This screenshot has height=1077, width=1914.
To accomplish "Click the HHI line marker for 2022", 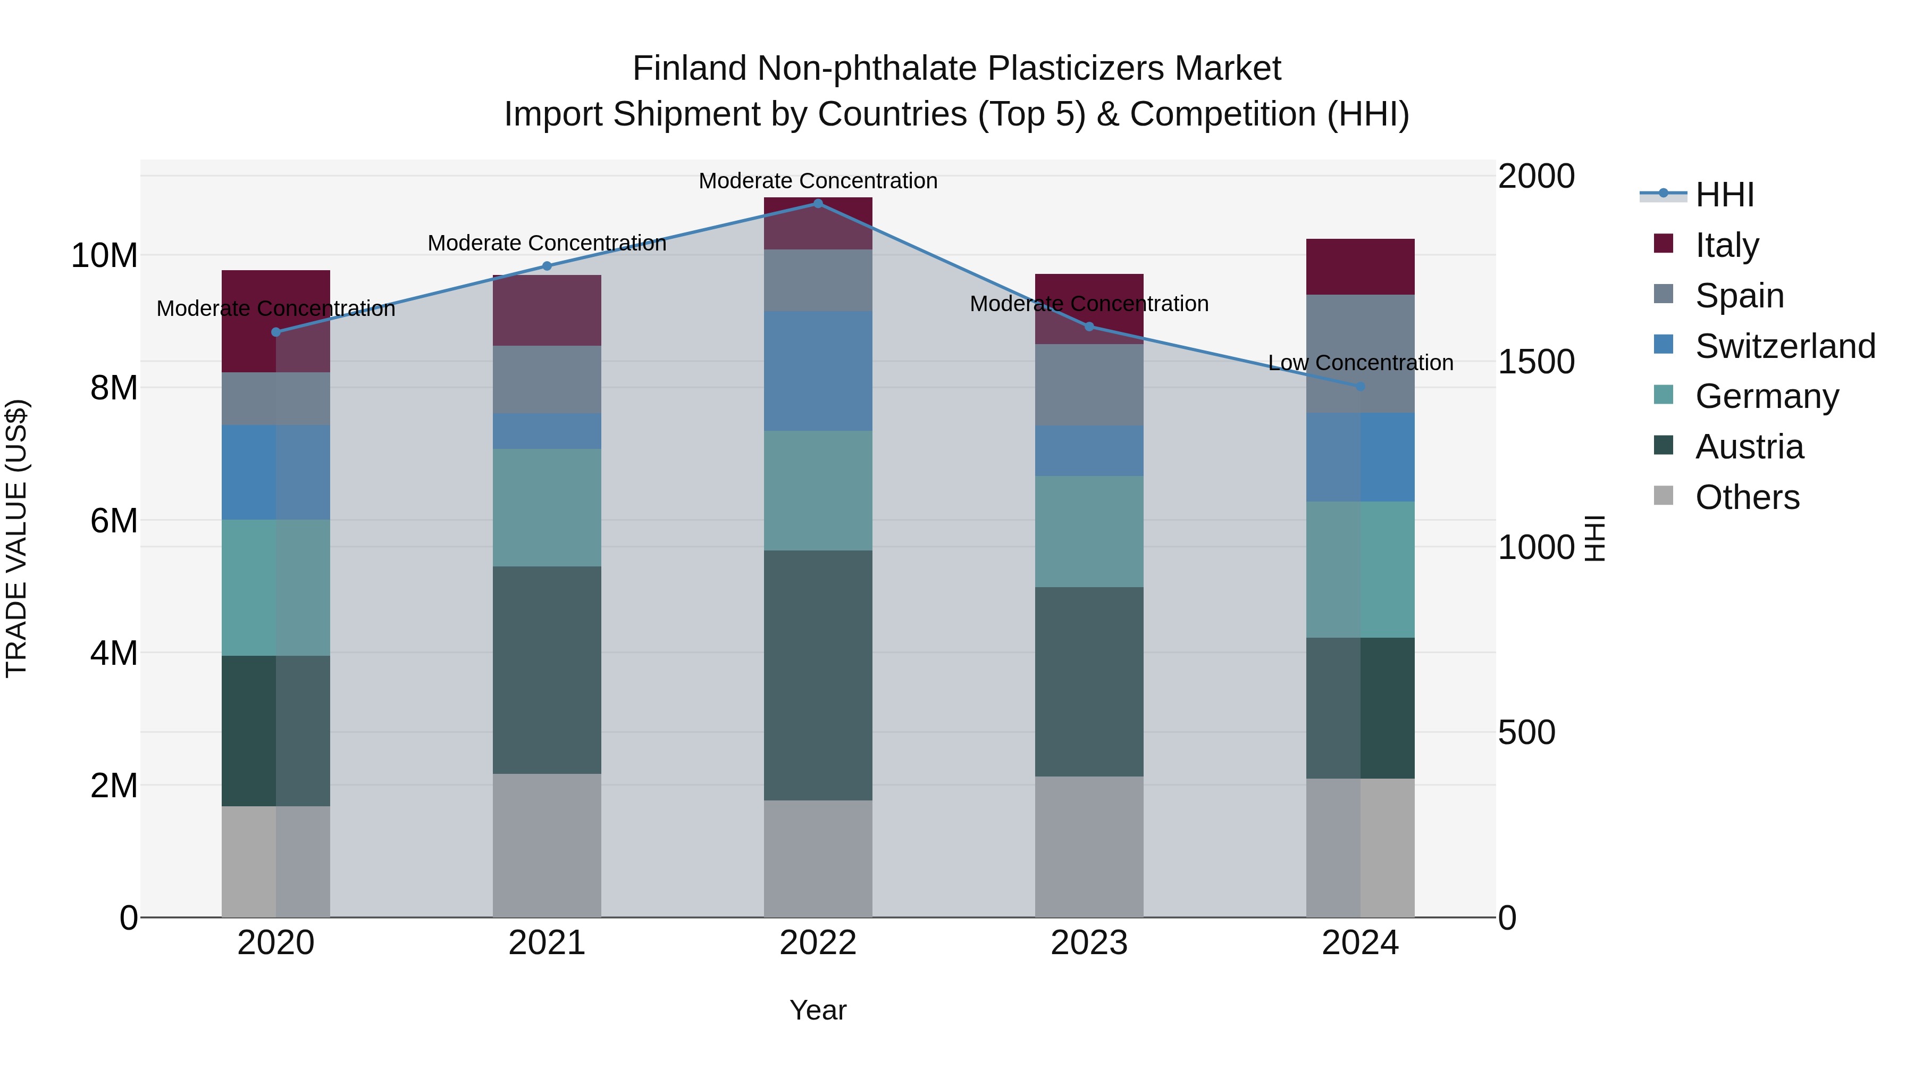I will pyautogui.click(x=818, y=203).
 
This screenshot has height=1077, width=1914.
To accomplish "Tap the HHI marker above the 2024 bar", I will pyautogui.click(x=1361, y=387).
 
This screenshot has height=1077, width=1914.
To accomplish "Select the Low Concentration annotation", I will pyautogui.click(x=1361, y=363).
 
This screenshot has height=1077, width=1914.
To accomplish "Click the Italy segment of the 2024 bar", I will pyautogui.click(x=1361, y=267).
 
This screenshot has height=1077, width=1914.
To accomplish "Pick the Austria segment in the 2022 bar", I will pyautogui.click(x=818, y=675).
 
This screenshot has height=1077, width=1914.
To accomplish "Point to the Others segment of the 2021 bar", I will pyautogui.click(x=547, y=845).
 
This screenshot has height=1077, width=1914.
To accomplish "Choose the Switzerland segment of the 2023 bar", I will pyautogui.click(x=1089, y=450).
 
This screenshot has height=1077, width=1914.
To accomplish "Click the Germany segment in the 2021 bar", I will pyautogui.click(x=547, y=508).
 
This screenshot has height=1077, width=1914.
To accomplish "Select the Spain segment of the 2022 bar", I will pyautogui.click(x=818, y=280).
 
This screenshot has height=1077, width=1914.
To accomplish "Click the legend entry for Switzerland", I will pyautogui.click(x=1785, y=346).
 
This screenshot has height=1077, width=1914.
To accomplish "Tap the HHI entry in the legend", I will pyautogui.click(x=1724, y=195).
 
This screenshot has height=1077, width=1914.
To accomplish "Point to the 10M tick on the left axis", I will pyautogui.click(x=104, y=256).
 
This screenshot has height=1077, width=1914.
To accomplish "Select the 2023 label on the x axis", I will pyautogui.click(x=1089, y=943).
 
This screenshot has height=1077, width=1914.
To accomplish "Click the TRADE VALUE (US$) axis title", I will pyautogui.click(x=16, y=538).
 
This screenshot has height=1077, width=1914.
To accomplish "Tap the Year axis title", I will pyautogui.click(x=818, y=1010).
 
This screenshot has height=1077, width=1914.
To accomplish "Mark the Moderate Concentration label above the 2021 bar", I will pyautogui.click(x=547, y=243).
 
